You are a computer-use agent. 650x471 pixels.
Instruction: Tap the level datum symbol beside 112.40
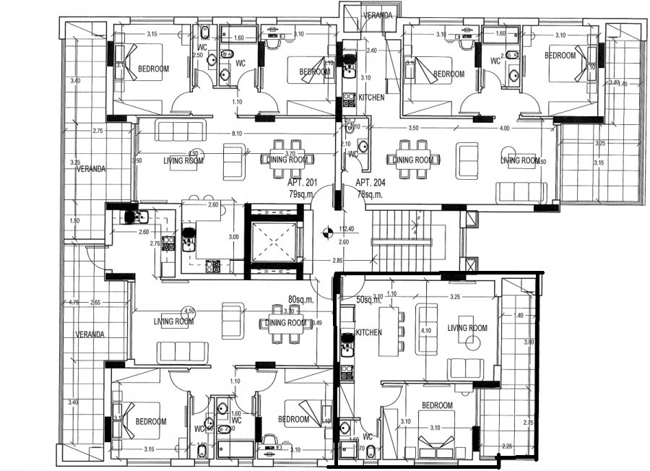(327, 232)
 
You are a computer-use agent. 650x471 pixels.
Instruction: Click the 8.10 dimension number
(237, 134)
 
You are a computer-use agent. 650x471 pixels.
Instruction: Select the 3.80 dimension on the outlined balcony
(529, 342)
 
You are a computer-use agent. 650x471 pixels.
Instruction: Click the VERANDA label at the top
(377, 14)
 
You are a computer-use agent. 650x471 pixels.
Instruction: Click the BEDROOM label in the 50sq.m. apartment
(437, 405)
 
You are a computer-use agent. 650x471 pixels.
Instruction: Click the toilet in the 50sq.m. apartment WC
(370, 452)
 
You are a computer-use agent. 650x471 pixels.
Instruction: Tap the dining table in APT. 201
(287, 160)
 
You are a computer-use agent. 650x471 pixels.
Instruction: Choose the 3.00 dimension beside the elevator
(233, 237)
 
